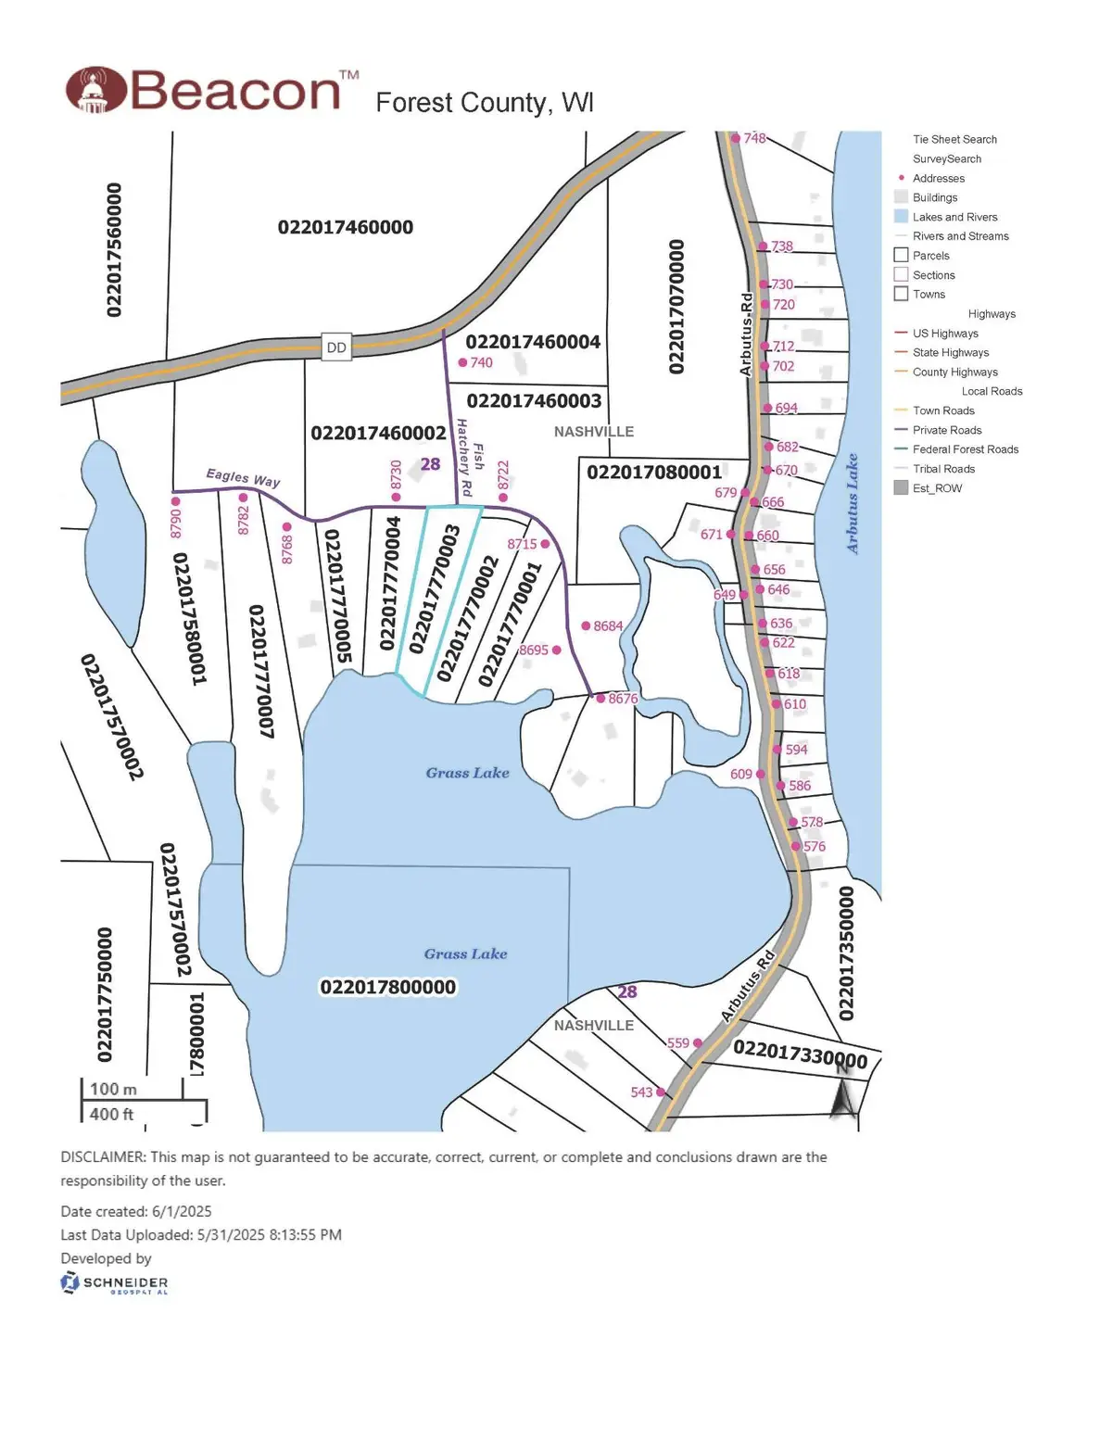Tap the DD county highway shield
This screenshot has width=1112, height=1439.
coord(336,347)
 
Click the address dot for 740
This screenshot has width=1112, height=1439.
coord(463,363)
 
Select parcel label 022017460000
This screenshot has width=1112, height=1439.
coord(346,227)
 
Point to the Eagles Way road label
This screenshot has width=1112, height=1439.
coord(243,477)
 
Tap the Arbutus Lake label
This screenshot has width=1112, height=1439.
coord(853,504)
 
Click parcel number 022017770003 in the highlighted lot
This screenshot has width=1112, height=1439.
coord(436,589)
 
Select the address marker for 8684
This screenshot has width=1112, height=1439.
coord(586,626)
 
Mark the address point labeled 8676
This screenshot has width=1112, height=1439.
coord(600,699)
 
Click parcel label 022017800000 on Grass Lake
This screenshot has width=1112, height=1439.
coord(388,987)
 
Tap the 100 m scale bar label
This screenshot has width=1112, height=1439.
coord(113,1089)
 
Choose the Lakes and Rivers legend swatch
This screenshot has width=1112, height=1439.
coord(901,217)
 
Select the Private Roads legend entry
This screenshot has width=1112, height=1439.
coord(946,430)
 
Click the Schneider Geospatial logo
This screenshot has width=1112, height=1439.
coord(114,1283)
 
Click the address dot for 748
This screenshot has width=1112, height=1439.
coord(736,139)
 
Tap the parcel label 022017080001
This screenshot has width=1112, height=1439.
coord(654,473)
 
